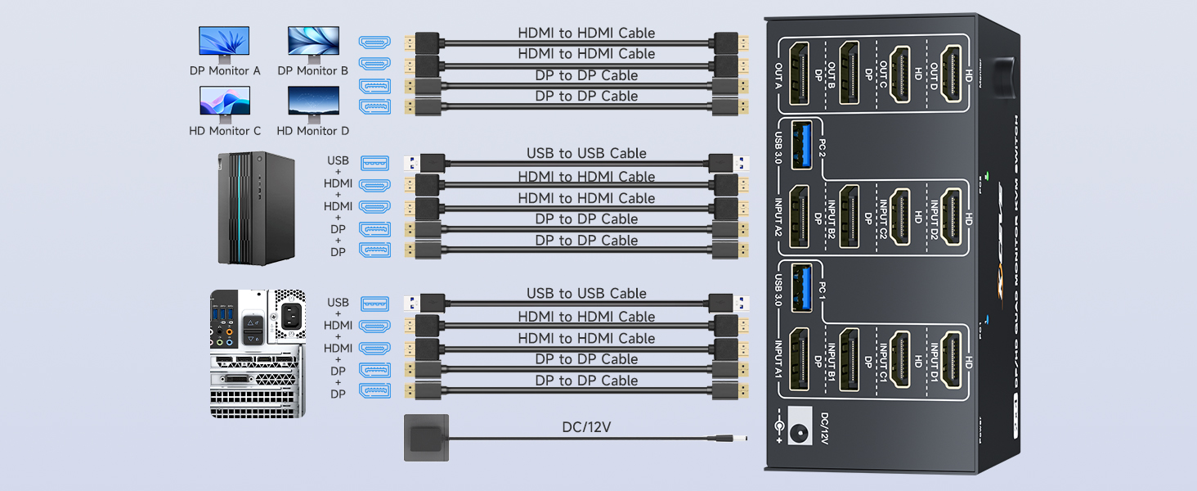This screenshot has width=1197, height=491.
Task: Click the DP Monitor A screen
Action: click(224, 42)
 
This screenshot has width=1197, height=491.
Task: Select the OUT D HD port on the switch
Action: click(950, 74)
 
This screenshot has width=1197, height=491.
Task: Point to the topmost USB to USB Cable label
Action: click(586, 154)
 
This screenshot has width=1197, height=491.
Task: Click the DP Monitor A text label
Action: click(225, 71)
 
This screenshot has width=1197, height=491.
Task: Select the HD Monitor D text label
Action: click(312, 131)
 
